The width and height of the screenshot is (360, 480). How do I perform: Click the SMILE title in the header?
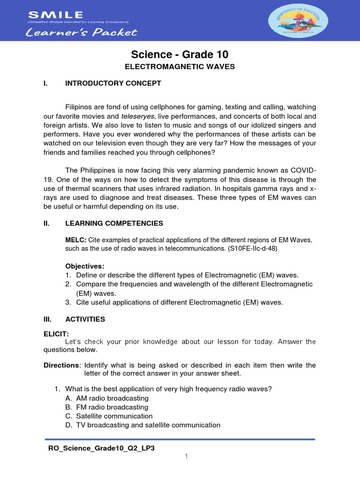click(x=56, y=15)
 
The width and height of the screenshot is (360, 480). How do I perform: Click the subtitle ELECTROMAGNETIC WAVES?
click(x=180, y=67)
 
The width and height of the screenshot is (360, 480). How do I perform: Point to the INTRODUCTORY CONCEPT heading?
click(x=113, y=83)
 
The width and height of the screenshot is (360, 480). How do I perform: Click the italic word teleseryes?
click(x=138, y=116)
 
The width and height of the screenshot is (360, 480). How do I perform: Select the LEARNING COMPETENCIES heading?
click(x=114, y=223)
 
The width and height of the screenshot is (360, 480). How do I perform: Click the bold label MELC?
click(x=75, y=240)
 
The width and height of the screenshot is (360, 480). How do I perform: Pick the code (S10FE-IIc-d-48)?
click(x=252, y=249)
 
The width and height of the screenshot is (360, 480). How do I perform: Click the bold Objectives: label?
click(x=84, y=266)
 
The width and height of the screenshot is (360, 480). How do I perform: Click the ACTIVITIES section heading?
click(x=85, y=319)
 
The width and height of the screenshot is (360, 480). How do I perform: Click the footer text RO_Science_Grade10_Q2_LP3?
click(x=101, y=448)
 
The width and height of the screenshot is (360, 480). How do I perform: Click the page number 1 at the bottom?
click(x=186, y=457)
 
